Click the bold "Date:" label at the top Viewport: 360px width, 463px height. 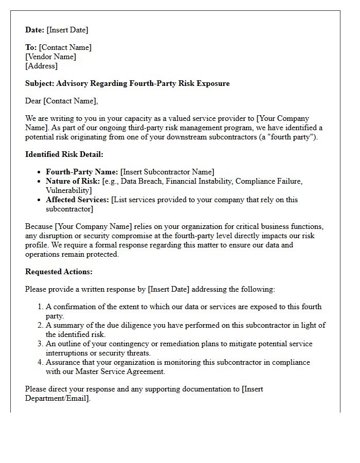tap(35, 30)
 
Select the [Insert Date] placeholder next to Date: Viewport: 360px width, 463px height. tap(67, 30)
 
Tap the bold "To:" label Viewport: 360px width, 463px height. tap(31, 47)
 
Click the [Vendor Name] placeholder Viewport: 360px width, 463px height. tap(50, 57)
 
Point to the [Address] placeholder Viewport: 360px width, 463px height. tap(41, 66)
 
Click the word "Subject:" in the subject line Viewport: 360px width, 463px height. tap(40, 83)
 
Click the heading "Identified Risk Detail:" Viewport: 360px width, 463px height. tap(64, 154)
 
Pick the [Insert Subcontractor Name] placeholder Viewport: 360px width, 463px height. tap(167, 172)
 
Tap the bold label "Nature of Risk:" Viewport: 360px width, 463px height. tap(73, 181)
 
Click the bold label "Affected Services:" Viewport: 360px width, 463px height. tap(77, 200)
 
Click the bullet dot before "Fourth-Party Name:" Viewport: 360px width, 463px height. tap(40, 172)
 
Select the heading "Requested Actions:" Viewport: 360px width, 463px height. tap(59, 272)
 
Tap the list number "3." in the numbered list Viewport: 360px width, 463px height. tap(41, 344)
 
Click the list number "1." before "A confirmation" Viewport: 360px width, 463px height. tap(41, 307)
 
